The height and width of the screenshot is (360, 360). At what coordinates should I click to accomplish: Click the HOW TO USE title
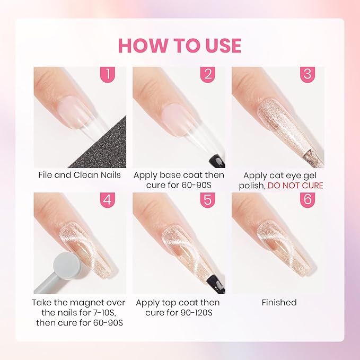(180, 45)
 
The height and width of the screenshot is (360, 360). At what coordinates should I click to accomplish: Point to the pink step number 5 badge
(207, 200)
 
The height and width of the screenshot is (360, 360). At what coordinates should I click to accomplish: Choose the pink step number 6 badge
(307, 200)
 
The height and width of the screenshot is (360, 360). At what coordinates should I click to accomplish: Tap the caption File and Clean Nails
(80, 174)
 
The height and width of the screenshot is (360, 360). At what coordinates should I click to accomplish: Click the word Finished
(279, 302)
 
